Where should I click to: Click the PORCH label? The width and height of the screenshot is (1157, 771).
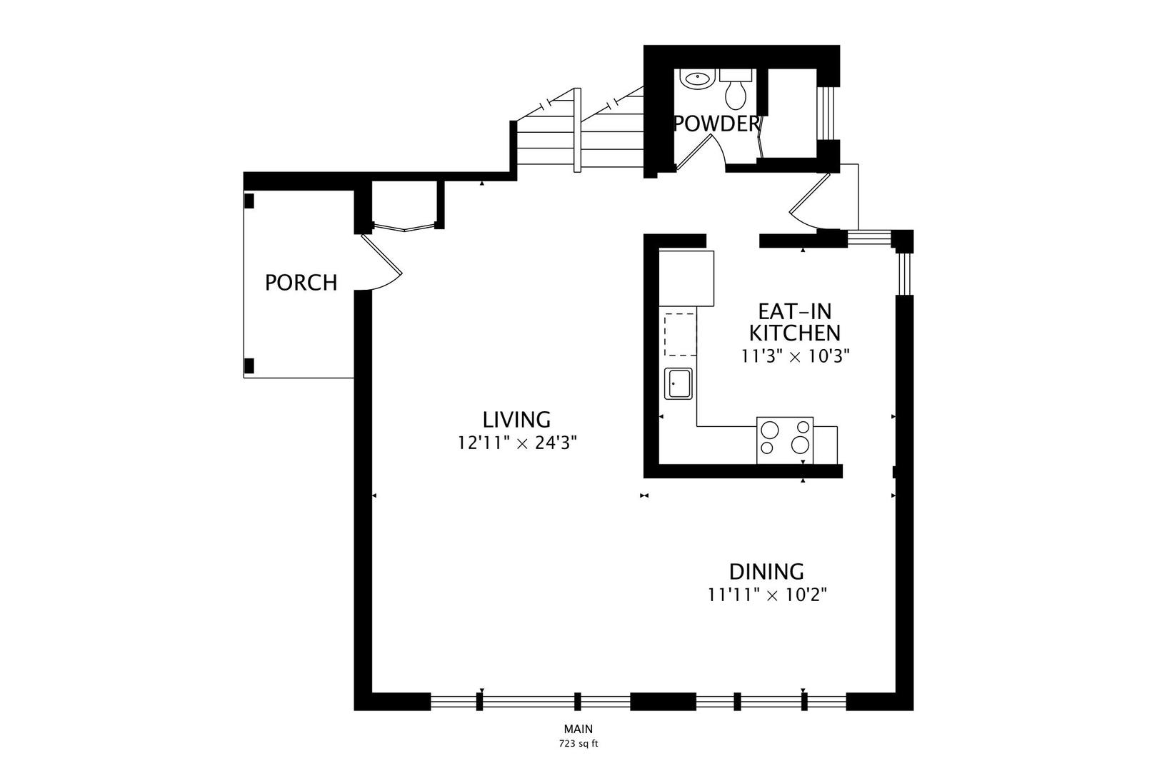click(x=301, y=283)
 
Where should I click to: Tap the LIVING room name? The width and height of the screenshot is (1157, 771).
click(x=516, y=419)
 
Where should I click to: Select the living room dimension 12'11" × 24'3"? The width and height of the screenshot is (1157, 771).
click(x=517, y=443)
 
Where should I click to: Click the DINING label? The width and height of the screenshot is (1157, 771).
click(x=766, y=572)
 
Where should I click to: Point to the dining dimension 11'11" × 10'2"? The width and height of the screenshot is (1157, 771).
click(x=767, y=595)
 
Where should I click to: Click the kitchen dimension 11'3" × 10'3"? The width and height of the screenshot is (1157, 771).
click(x=795, y=356)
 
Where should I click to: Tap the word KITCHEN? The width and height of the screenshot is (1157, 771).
click(x=794, y=333)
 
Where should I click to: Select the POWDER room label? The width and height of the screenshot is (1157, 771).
click(x=716, y=124)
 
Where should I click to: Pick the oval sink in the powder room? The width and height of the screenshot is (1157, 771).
click(x=696, y=79)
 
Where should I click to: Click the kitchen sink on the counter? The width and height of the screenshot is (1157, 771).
click(x=678, y=384)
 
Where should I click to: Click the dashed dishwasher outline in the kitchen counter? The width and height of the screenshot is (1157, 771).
click(x=680, y=333)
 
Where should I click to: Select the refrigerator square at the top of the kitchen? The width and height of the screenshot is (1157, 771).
click(x=686, y=277)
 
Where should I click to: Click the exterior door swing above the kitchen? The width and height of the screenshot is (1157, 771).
click(x=811, y=203)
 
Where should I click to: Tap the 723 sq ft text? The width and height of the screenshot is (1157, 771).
click(x=578, y=743)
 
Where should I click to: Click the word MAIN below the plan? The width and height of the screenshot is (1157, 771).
click(x=578, y=729)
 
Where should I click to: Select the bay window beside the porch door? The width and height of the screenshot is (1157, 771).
click(x=404, y=228)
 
